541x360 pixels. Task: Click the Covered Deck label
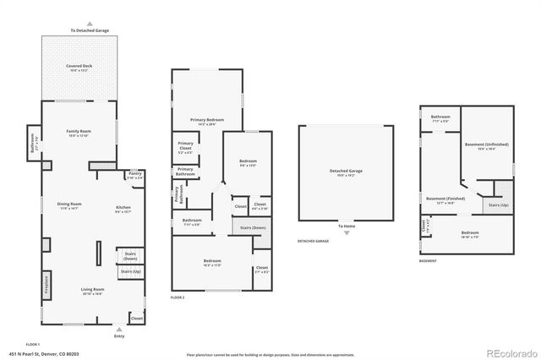tap(80, 67)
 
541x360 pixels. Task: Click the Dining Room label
tap(69, 205)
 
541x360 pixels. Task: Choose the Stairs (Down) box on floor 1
tap(130, 255)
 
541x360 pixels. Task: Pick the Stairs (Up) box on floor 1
tap(130, 271)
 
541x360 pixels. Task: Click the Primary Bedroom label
tap(206, 121)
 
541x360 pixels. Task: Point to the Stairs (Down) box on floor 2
tap(253, 228)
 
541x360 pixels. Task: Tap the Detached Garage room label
tap(345, 173)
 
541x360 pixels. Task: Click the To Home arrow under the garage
tap(346, 226)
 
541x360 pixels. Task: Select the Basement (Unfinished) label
tap(487, 146)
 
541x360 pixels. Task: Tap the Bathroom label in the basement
tap(440, 118)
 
